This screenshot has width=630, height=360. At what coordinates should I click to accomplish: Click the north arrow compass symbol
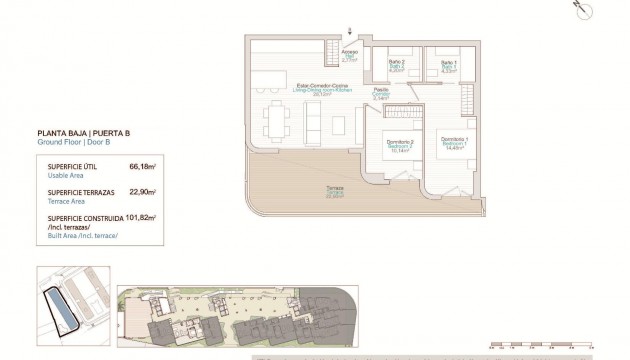pyautogui.click(x=577, y=7)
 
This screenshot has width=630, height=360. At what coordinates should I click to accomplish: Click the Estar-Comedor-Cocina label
pyautogui.click(x=322, y=88)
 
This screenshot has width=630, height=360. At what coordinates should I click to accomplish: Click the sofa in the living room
pyautogui.click(x=310, y=121)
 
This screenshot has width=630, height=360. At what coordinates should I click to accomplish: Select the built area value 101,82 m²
pyautogui.click(x=140, y=216)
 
